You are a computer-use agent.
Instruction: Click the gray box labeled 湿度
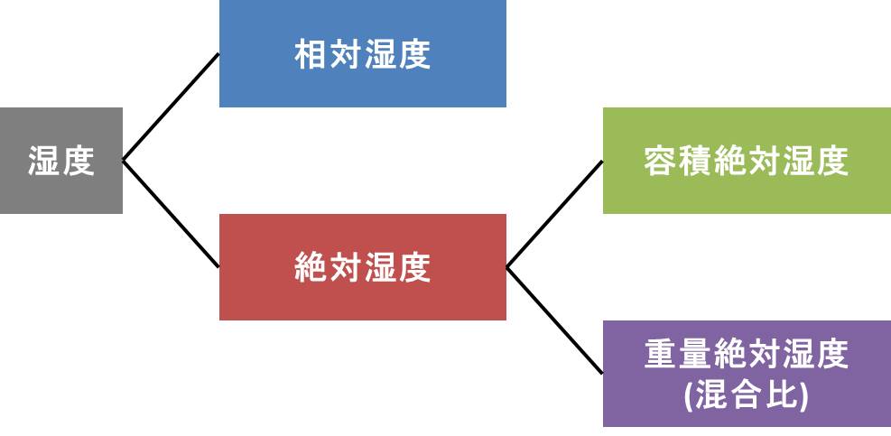[60, 161]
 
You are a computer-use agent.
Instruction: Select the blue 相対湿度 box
[362, 54]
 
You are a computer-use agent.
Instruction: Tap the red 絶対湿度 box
[362, 267]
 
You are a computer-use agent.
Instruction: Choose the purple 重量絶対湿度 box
[747, 373]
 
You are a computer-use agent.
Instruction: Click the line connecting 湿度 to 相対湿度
[171, 107]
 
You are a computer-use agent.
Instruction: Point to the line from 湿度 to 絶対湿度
[171, 214]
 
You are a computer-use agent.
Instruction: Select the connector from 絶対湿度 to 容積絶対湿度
[554, 214]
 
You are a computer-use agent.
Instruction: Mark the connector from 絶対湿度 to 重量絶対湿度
[554, 320]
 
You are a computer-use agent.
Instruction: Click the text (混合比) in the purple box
[747, 394]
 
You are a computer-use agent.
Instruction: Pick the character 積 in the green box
[695, 162]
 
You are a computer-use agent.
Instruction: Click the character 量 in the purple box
[695, 355]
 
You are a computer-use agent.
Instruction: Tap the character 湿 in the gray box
[43, 162]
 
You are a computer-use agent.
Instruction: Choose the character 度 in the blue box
[413, 55]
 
